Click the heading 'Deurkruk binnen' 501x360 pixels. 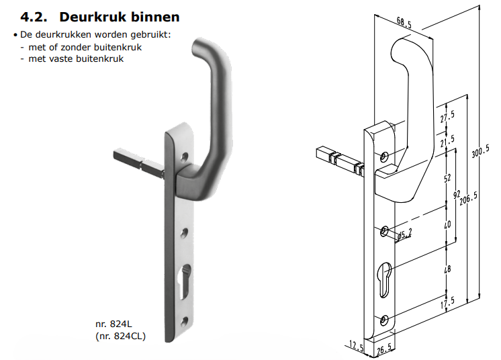tap(120, 15)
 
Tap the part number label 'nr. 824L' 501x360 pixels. tap(112, 324)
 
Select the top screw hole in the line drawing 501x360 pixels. tap(384, 156)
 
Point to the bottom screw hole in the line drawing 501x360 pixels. tap(383, 319)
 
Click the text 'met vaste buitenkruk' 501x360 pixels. tap(76, 58)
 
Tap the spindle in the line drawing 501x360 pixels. tap(336, 160)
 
